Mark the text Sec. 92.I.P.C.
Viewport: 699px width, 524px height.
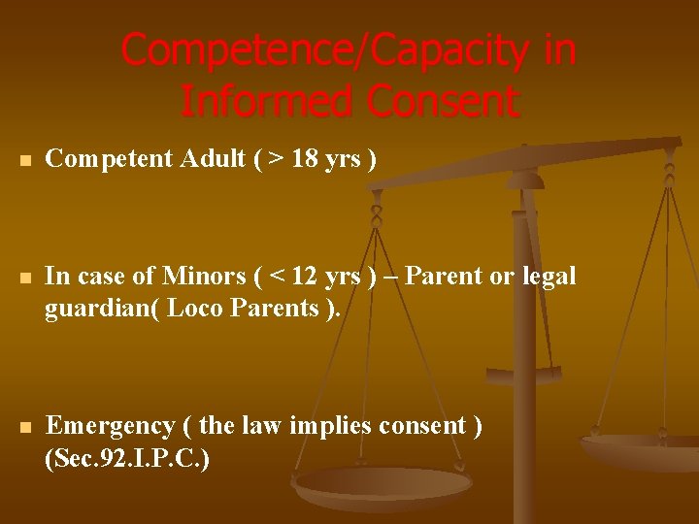point(127,458)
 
